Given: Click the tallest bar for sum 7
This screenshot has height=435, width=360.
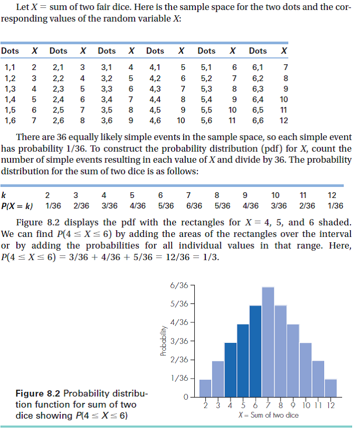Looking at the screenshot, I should pyautogui.click(x=268, y=342).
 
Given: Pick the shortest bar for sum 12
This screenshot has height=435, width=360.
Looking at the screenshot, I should pyautogui.click(x=331, y=388).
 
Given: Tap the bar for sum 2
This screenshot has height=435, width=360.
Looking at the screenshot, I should pyautogui.click(x=205, y=388).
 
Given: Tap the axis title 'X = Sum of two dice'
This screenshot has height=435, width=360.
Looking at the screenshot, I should pyautogui.click(x=267, y=416).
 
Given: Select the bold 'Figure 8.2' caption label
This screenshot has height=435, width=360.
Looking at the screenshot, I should pyautogui.click(x=36, y=393).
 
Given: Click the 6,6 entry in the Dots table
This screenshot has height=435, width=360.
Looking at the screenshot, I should pyautogui.click(x=257, y=120).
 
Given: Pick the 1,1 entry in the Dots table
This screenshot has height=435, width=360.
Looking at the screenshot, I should pyautogui.click(x=10, y=67).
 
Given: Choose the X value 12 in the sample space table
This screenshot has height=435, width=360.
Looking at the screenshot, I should pyautogui.click(x=284, y=120).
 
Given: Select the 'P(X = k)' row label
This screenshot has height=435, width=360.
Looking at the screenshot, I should pyautogui.click(x=17, y=206).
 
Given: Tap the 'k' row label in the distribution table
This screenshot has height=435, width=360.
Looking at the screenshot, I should pyautogui.click(x=4, y=196).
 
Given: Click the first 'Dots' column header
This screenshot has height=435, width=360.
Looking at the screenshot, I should pyautogui.click(x=10, y=51).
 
